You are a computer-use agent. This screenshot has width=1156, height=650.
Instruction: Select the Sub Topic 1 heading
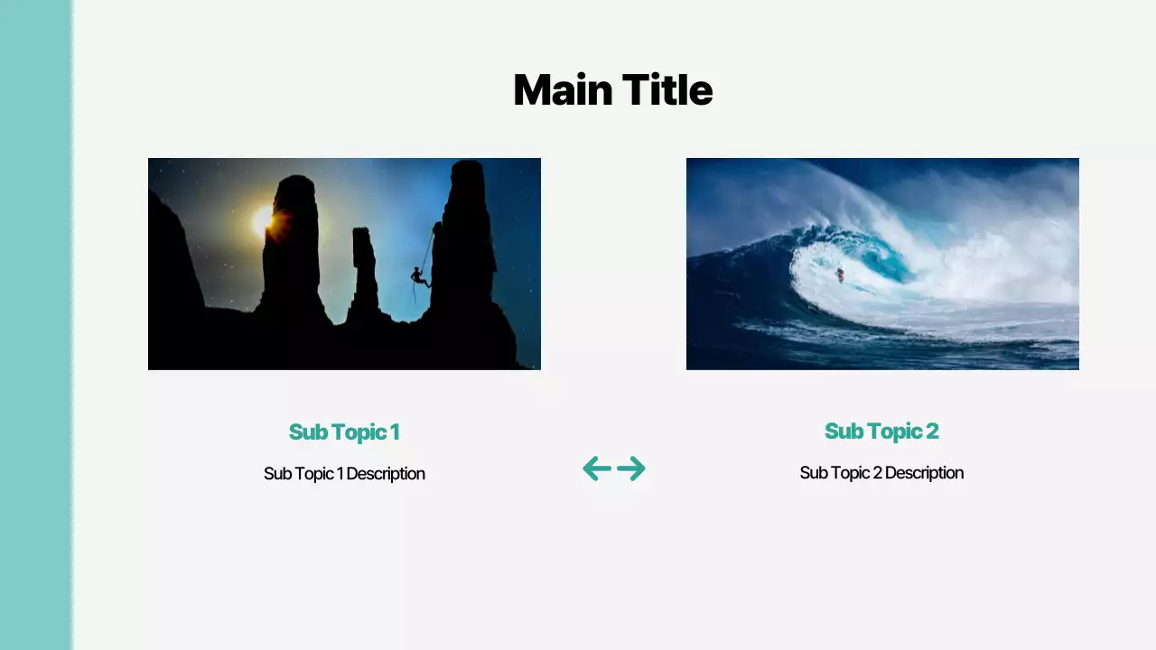click(x=344, y=432)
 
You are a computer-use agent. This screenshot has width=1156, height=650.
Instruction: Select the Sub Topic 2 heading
click(x=881, y=431)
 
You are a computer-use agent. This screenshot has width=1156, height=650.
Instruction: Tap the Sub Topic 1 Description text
click(x=344, y=473)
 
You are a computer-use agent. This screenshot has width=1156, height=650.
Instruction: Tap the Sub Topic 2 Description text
click(x=881, y=472)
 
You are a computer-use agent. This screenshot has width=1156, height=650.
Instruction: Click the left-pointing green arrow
click(x=597, y=469)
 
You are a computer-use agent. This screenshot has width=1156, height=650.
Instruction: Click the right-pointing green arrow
click(x=631, y=469)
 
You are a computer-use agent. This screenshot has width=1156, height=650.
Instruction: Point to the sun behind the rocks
click(x=263, y=219)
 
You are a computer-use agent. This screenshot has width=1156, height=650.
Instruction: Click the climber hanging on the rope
click(x=419, y=276)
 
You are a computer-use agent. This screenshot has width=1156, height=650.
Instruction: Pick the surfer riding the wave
click(x=839, y=274)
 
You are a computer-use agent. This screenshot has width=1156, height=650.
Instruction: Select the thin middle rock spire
click(x=365, y=271)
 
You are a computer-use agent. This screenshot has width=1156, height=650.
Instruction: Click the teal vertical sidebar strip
click(x=35, y=325)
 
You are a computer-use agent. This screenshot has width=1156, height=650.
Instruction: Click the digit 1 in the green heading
click(x=395, y=432)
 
